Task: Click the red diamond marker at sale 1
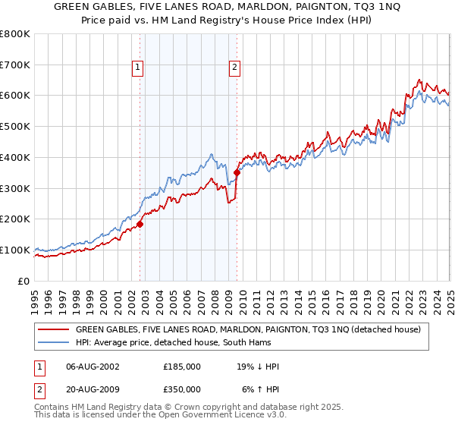point(140,224)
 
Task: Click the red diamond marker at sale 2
point(237,172)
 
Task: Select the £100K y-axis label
point(15,250)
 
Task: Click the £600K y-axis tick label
point(15,96)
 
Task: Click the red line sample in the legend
point(53,329)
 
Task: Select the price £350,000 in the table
point(182,389)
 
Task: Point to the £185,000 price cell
point(182,367)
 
